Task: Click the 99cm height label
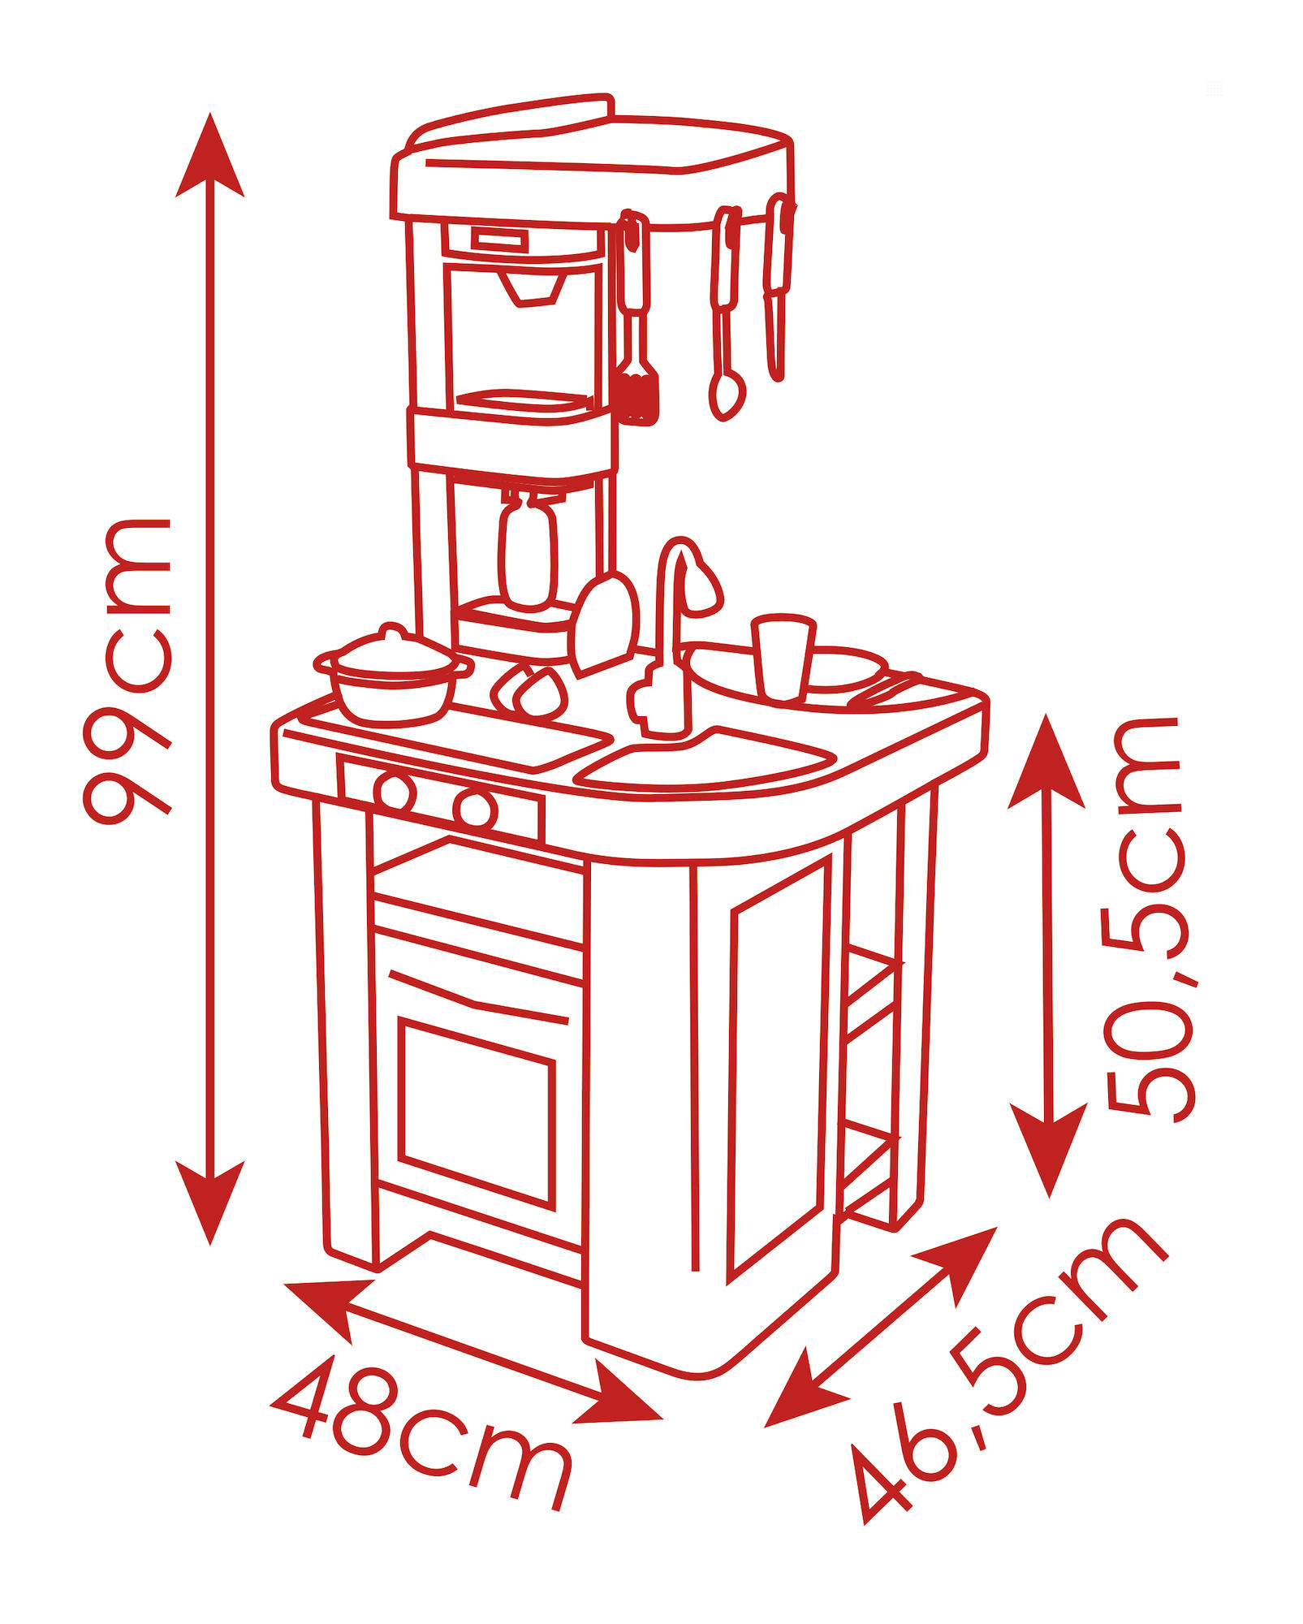coord(127,671)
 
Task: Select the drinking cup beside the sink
coord(783,657)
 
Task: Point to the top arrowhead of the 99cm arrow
coord(210,154)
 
